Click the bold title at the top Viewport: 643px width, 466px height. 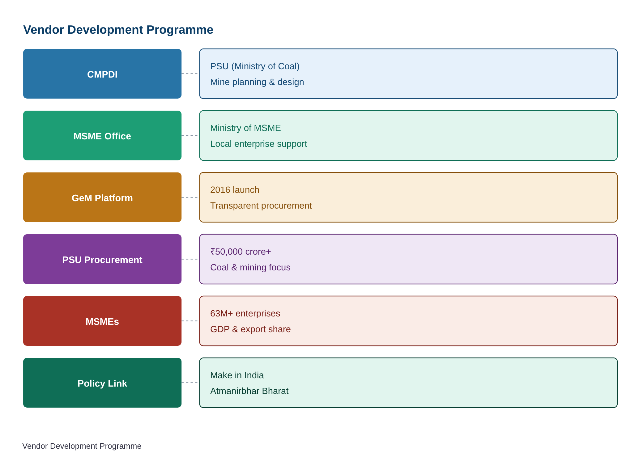(x=118, y=30)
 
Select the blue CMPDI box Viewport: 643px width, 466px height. (x=102, y=74)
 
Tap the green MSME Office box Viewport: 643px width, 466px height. (x=102, y=135)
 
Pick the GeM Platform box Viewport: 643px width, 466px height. (x=102, y=197)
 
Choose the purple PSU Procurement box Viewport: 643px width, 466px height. (x=102, y=259)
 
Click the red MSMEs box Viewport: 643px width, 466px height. (x=102, y=321)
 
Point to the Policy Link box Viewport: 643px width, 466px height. (x=102, y=383)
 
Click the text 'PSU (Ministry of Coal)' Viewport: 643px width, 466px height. (x=255, y=66)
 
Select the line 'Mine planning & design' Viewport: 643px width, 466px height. (x=257, y=82)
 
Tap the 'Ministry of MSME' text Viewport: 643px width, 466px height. (x=245, y=128)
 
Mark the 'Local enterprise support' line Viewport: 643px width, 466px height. (x=258, y=144)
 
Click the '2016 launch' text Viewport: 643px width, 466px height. (x=235, y=190)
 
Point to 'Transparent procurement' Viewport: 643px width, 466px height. (x=261, y=206)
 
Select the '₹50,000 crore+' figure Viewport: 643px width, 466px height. (x=241, y=252)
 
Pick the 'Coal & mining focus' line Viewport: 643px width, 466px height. (x=250, y=268)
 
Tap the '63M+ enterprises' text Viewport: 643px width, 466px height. (x=245, y=314)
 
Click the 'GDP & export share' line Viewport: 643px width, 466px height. (x=250, y=329)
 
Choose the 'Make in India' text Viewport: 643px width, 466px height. (x=237, y=375)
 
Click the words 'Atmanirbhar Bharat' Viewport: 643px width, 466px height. (x=249, y=391)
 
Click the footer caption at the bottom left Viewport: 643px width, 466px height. (x=82, y=446)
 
